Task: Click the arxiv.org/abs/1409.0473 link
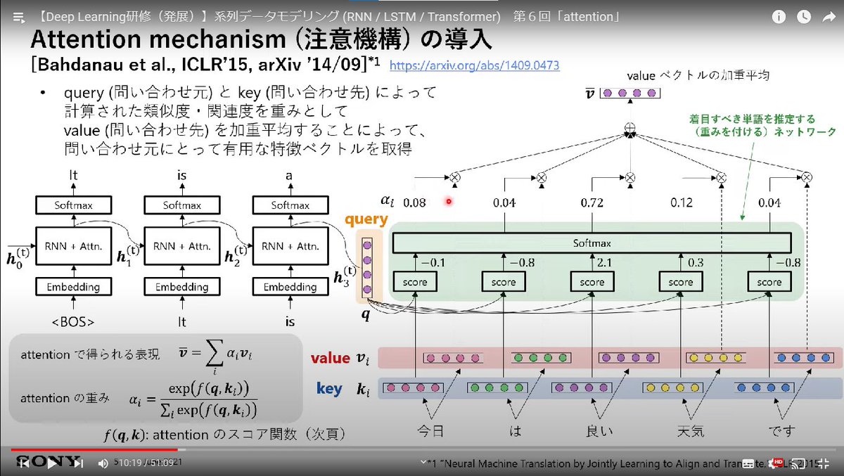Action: (x=474, y=65)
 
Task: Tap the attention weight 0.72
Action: (x=592, y=202)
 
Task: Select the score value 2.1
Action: (x=602, y=262)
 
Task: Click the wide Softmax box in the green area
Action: (x=592, y=243)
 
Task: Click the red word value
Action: (x=330, y=358)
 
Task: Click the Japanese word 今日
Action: (x=431, y=430)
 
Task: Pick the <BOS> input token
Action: (x=73, y=323)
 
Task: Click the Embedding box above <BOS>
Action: (x=73, y=287)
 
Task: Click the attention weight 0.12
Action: (x=682, y=202)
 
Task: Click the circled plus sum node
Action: (x=630, y=130)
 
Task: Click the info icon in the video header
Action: (x=778, y=18)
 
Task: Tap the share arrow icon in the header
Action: (x=827, y=18)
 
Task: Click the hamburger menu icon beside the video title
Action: (x=19, y=16)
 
